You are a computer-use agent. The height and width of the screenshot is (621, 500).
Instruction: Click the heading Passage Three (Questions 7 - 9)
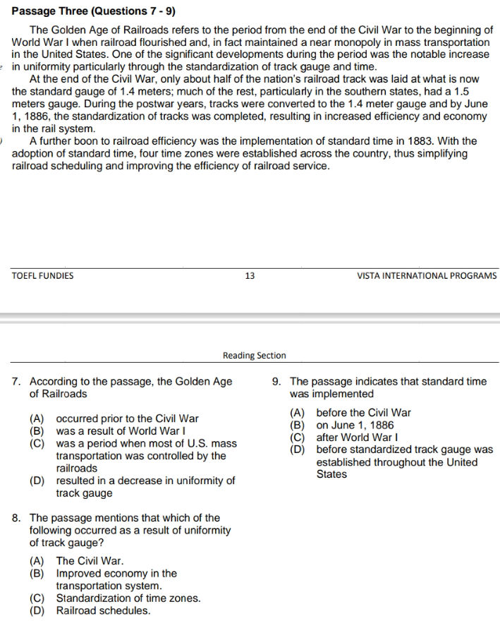[94, 11]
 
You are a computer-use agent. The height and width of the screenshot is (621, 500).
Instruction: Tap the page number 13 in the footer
[250, 276]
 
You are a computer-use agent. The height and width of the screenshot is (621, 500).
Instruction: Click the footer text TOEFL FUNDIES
[42, 276]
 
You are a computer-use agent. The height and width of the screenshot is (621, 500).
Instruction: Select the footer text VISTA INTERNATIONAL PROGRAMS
[427, 276]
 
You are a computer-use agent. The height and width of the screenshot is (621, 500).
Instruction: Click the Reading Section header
[254, 356]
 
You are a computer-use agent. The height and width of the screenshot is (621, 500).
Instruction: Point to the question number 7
[16, 382]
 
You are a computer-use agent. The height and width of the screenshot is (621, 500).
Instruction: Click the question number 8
[16, 518]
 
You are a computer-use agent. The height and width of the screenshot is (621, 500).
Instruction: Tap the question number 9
[276, 382]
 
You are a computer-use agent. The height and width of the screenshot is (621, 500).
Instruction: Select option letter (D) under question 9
[298, 450]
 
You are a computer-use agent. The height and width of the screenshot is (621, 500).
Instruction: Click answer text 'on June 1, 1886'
[355, 426]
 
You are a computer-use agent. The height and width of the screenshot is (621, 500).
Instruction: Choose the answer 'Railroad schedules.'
[103, 611]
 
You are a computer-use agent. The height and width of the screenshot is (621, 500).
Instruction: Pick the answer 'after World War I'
[360, 438]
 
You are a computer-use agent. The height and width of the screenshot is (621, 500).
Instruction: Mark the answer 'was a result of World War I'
[121, 431]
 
